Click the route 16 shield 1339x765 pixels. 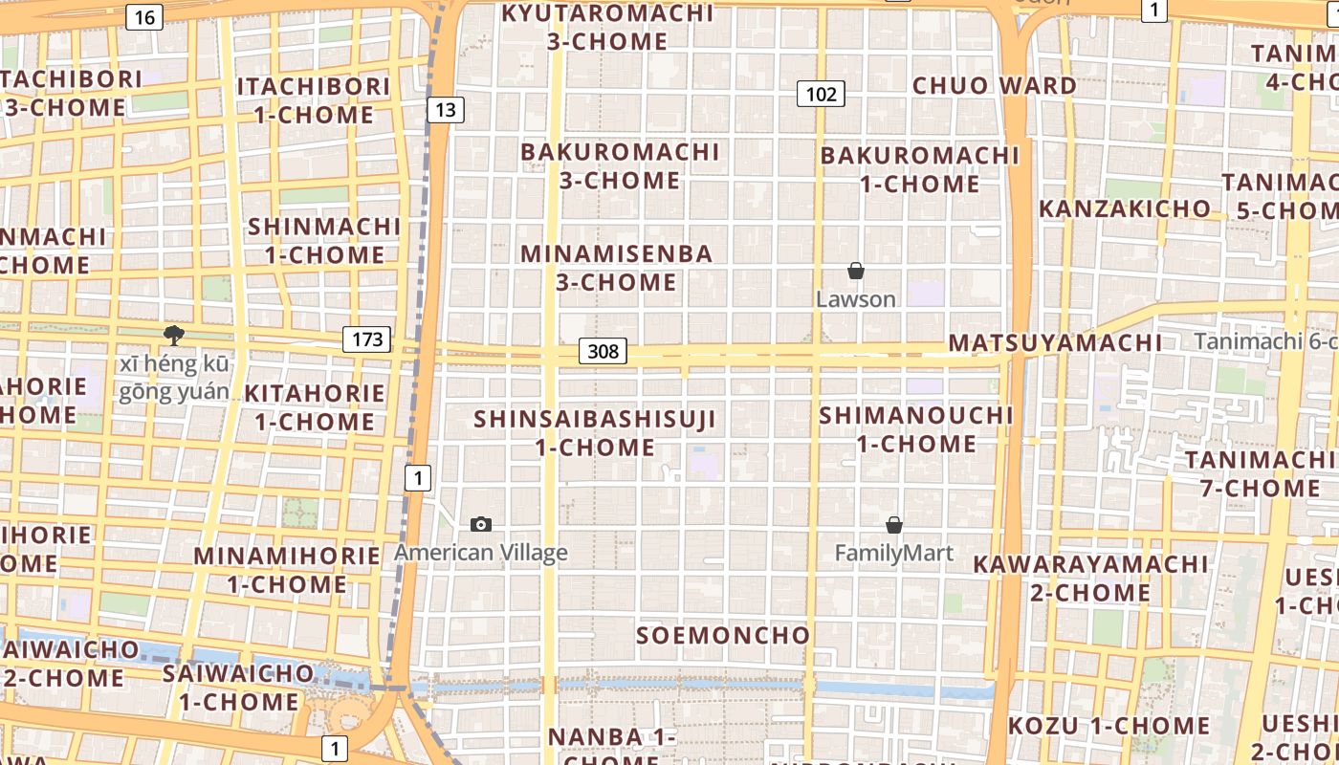coord(143,16)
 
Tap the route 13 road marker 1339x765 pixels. coord(445,109)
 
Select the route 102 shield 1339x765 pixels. coord(821,93)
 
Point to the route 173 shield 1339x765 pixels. coord(367,339)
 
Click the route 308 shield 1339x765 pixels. coord(603,351)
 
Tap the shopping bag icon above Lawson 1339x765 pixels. coord(856,272)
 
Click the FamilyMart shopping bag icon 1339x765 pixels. coord(894,525)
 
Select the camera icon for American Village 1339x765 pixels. coord(481,524)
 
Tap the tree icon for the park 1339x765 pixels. coord(173,335)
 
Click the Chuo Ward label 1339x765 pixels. coord(995,85)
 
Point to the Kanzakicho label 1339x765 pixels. coord(1125,208)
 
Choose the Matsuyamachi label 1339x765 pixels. coord(1056,342)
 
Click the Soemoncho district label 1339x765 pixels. coord(723,635)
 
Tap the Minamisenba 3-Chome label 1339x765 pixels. coord(617,268)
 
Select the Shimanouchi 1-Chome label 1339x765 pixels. coord(916,429)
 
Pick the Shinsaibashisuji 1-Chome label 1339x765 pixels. coord(595,432)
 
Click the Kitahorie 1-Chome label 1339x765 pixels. coord(315,407)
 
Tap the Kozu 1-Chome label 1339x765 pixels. coord(1109,726)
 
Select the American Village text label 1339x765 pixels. coord(481,553)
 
